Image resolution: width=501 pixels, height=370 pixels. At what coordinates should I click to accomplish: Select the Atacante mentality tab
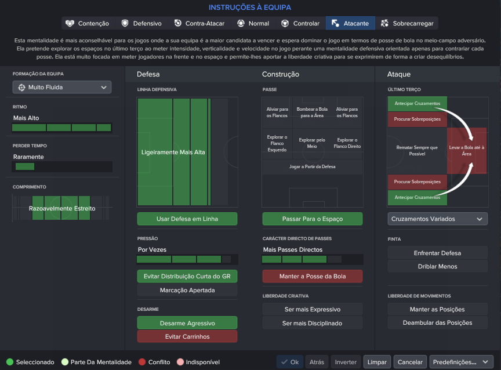point(350,23)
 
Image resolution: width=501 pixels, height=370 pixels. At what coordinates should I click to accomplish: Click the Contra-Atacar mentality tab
point(199,23)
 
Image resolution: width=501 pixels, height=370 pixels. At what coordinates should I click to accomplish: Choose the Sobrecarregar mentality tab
point(406,23)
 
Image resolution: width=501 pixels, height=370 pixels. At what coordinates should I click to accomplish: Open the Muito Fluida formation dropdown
point(62,87)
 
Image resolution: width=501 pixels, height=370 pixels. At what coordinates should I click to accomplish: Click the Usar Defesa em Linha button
point(187,219)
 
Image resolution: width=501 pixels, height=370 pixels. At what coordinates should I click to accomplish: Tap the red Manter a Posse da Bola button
point(313,277)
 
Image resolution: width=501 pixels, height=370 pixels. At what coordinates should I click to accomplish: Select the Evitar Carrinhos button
point(187,336)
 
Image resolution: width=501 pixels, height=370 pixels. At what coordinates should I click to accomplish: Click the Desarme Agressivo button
point(187,323)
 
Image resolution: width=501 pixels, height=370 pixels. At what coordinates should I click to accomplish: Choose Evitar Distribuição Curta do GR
point(187,277)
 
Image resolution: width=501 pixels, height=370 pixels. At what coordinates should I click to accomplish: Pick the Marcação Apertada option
point(187,290)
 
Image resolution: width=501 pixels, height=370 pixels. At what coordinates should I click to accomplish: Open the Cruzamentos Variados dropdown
point(438,219)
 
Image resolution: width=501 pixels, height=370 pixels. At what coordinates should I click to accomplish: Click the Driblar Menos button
point(438,266)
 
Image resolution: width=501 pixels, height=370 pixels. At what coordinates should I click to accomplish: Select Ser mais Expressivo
point(313,309)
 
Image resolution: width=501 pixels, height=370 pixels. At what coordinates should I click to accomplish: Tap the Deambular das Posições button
point(438,322)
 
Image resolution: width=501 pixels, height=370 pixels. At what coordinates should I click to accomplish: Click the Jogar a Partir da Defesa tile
point(313,167)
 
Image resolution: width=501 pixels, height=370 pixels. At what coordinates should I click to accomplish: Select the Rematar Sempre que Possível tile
point(417,151)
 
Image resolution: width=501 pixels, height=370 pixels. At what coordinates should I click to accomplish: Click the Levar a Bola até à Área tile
point(466,151)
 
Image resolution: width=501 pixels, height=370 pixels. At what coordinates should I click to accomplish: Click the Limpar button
point(377,362)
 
